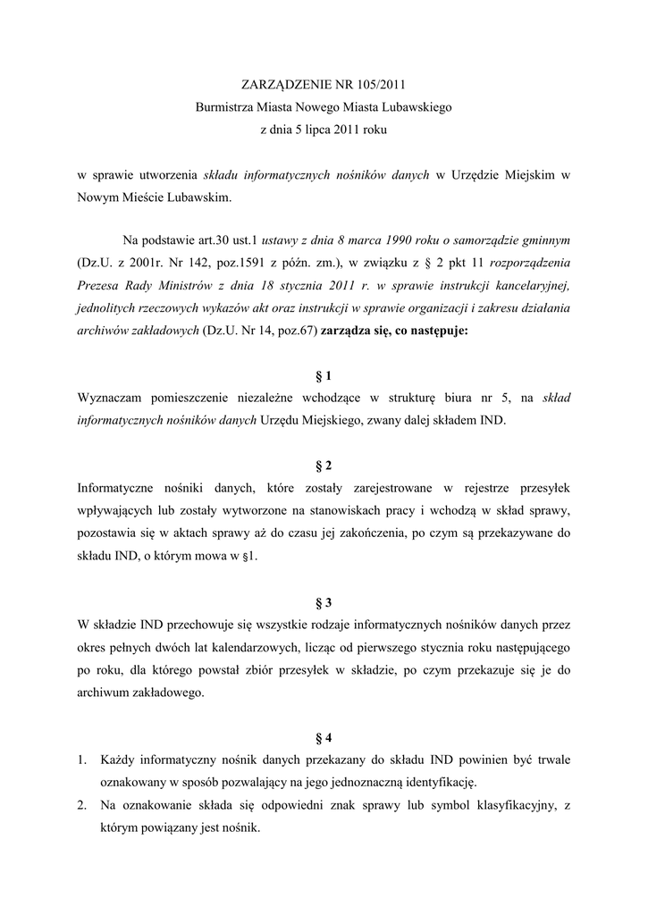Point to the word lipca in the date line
tap(316, 130)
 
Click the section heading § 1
tap(324, 376)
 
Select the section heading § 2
tap(324, 466)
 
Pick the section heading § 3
tap(324, 603)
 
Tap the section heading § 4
tap(324, 738)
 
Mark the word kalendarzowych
tap(252, 647)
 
